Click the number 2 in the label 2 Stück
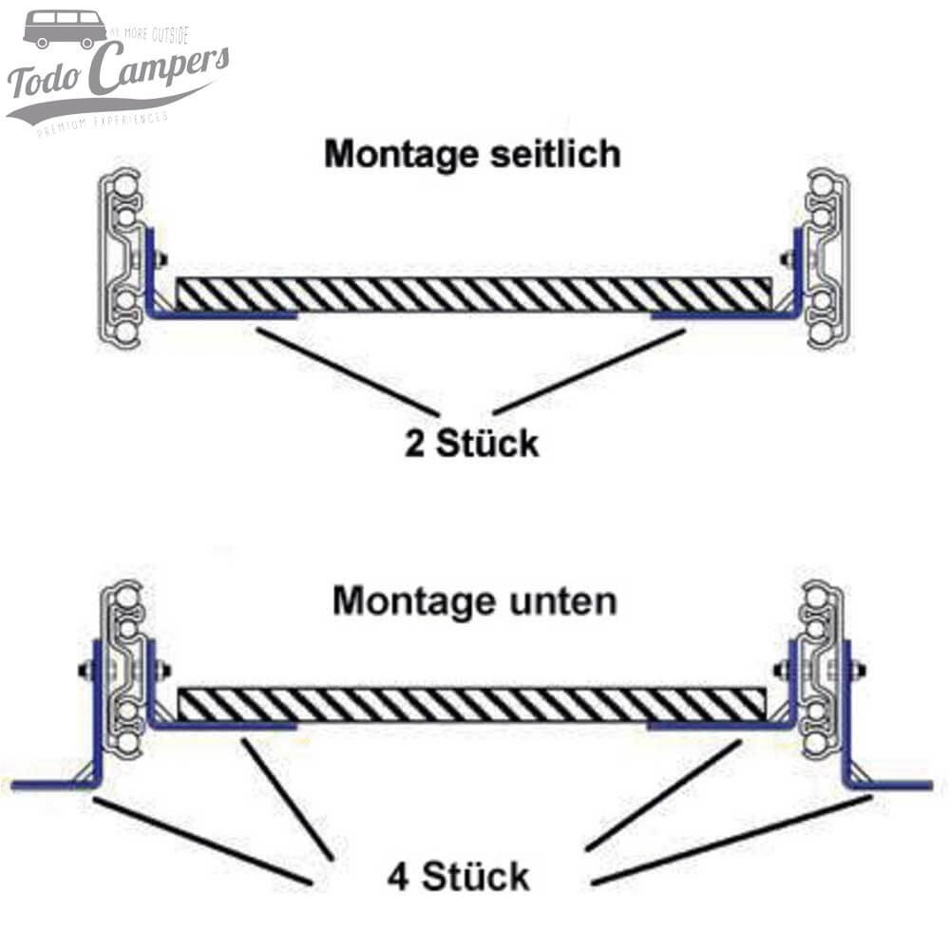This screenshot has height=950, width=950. (415, 443)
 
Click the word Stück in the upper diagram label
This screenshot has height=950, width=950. (487, 443)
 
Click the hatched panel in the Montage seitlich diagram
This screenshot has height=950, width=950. (475, 294)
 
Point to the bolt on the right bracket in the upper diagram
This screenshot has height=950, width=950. (787, 258)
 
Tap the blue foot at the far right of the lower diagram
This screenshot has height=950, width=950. (899, 785)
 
